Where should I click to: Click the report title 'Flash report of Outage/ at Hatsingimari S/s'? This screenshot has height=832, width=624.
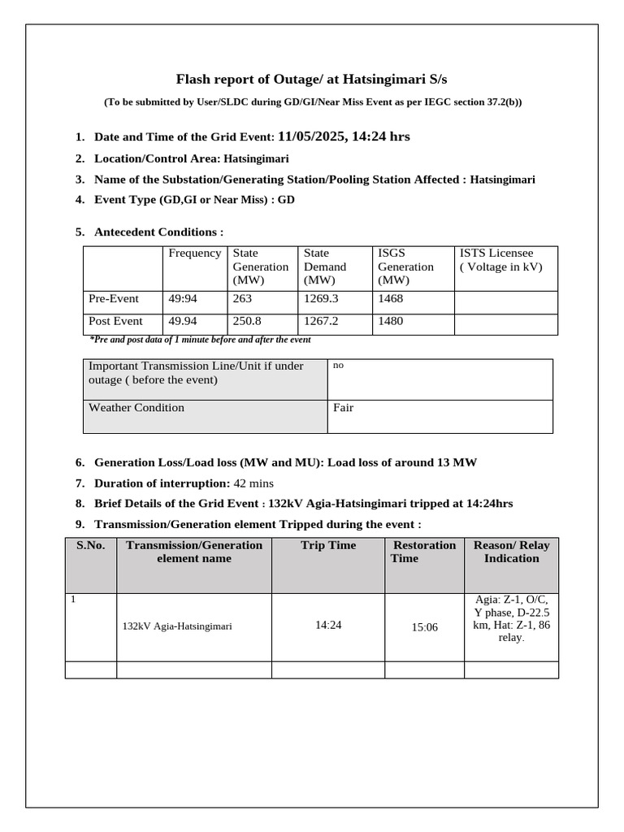click(x=311, y=79)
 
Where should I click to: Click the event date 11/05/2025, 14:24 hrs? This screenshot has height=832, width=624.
click(x=343, y=136)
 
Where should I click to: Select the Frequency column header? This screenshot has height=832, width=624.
click(x=194, y=253)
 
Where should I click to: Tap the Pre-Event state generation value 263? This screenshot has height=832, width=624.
click(x=243, y=299)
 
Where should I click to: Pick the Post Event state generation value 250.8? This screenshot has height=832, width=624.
click(x=247, y=321)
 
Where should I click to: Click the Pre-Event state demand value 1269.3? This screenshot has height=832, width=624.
click(x=320, y=299)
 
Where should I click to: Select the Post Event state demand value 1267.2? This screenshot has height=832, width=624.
click(x=320, y=321)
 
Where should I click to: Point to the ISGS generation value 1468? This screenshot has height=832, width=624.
click(x=392, y=299)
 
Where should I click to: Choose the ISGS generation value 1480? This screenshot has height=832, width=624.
click(x=392, y=321)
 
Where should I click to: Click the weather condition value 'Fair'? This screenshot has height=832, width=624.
click(x=344, y=408)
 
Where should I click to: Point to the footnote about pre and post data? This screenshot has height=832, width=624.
click(x=200, y=340)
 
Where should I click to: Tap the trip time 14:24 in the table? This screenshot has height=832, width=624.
click(x=328, y=626)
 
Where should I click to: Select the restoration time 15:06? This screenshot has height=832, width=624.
click(x=424, y=627)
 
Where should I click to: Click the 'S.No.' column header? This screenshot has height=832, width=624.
click(x=91, y=545)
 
